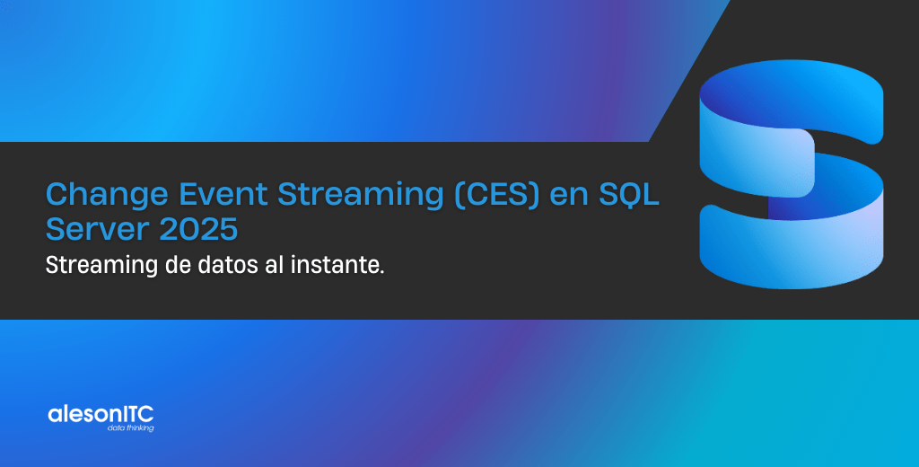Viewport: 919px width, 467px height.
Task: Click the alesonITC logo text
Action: [x=101, y=414]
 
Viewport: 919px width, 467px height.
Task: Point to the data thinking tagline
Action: [x=130, y=428]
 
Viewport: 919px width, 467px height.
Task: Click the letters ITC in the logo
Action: [x=138, y=414]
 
